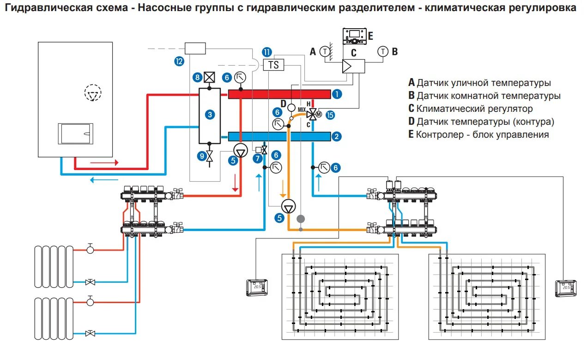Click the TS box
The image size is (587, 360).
(x=273, y=65)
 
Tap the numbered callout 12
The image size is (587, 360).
(x=179, y=61)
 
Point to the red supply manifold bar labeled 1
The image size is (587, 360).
(x=279, y=94)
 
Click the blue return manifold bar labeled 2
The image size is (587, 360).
(x=279, y=136)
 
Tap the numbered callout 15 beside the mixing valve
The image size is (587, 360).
(x=329, y=115)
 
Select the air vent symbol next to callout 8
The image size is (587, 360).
(x=209, y=78)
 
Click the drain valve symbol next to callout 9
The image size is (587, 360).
(x=210, y=156)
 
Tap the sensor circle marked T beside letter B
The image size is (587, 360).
(x=382, y=52)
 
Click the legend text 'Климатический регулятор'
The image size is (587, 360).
(x=474, y=109)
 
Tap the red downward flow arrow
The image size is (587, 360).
(x=236, y=183)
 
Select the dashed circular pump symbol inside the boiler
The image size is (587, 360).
(x=92, y=94)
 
